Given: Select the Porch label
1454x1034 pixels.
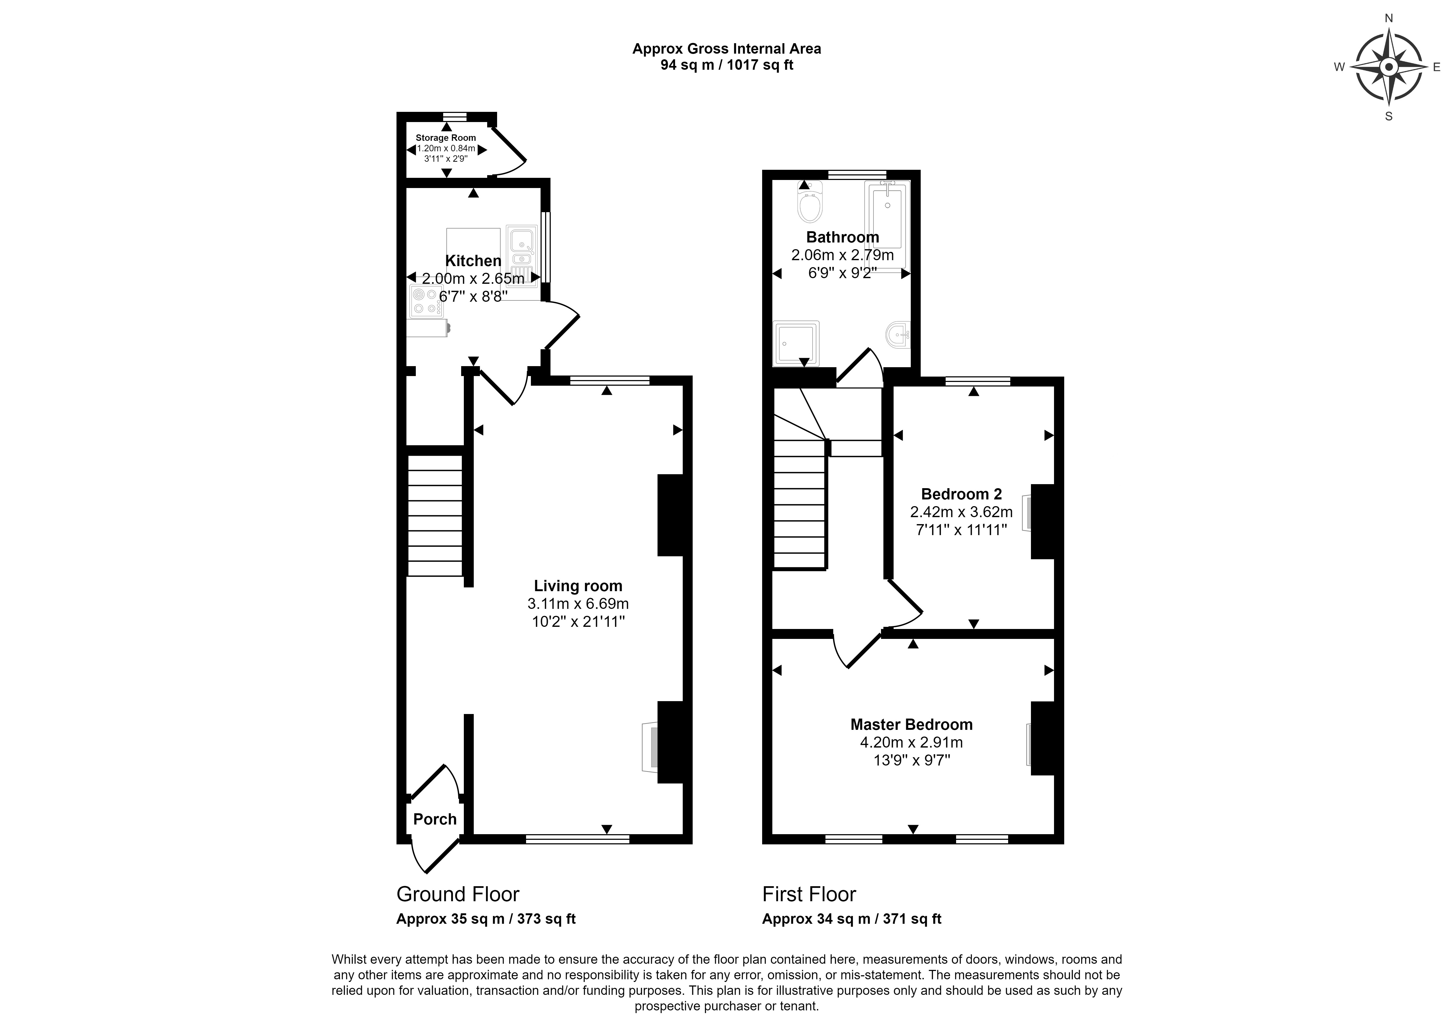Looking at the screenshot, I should tap(435, 819).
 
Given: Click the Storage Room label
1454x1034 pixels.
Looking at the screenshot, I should tap(446, 138).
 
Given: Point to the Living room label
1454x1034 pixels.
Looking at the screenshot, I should tap(578, 586).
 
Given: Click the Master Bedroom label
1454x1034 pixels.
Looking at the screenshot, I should tap(911, 724).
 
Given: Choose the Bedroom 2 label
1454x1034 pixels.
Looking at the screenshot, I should tap(961, 494).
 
